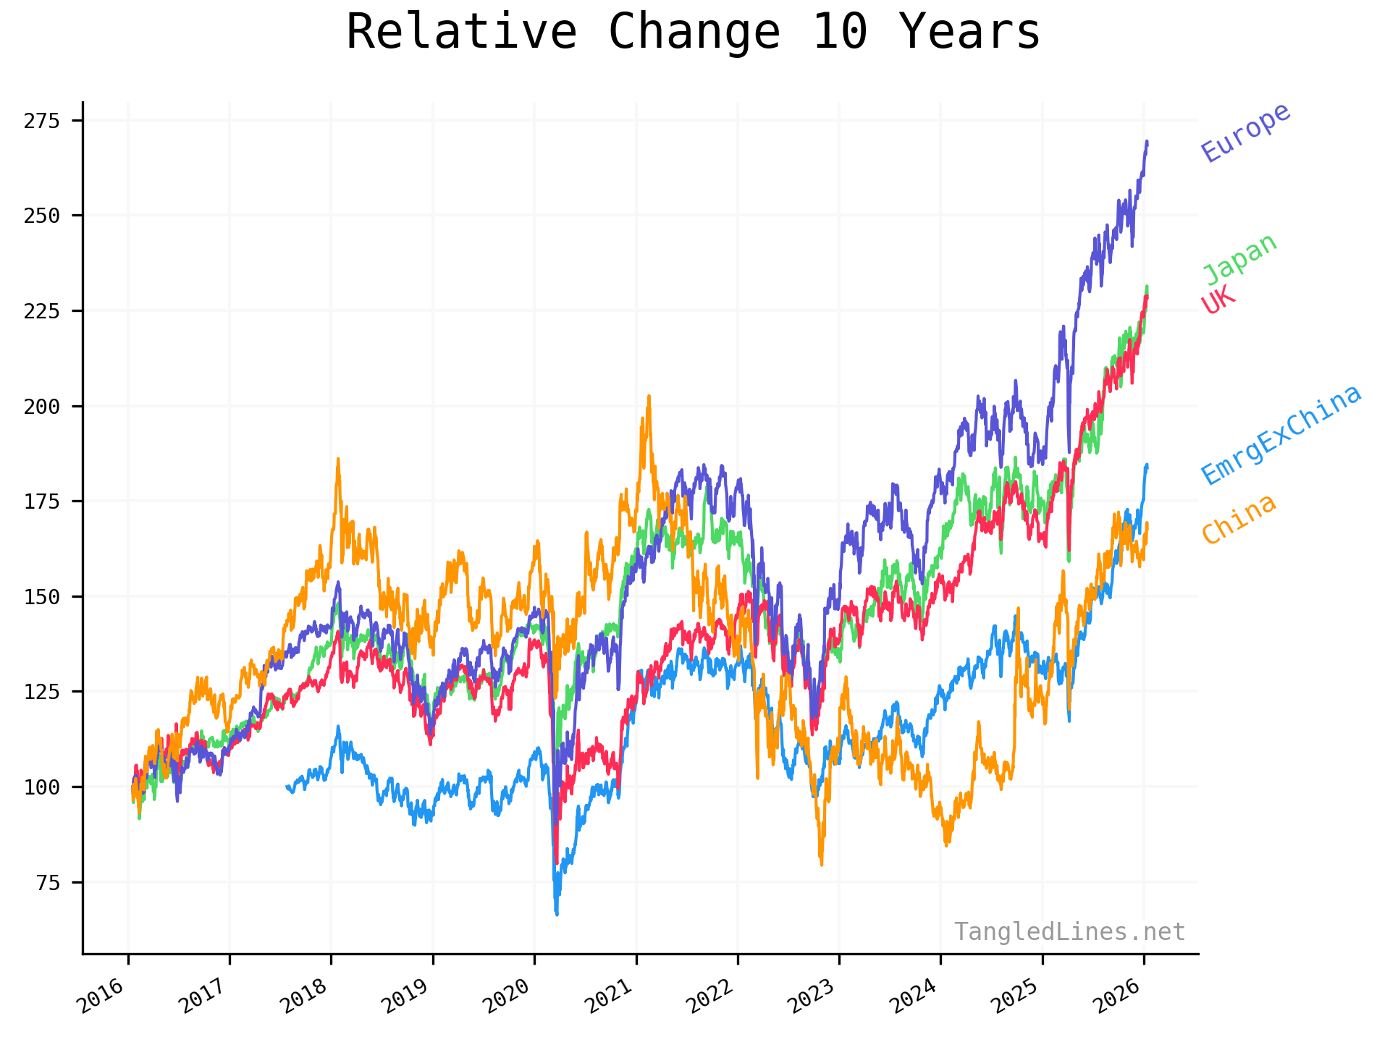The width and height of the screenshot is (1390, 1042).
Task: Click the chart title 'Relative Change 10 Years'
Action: (693, 33)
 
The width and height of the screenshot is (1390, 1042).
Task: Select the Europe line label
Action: (1245, 132)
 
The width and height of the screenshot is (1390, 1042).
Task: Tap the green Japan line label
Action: (1239, 258)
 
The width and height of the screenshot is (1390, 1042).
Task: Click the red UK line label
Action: (1218, 300)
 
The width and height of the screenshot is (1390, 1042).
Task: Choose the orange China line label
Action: (1238, 519)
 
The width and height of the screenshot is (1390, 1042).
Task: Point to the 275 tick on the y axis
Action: (41, 121)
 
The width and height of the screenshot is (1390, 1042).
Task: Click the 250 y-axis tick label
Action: (41, 216)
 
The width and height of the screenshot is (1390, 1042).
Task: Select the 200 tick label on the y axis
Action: (41, 406)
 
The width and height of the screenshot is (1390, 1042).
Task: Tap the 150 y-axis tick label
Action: (41, 596)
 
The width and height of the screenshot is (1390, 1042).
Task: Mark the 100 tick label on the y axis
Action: (41, 787)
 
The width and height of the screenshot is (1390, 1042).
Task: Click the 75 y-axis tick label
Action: (47, 882)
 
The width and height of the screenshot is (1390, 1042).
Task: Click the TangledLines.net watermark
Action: (1069, 932)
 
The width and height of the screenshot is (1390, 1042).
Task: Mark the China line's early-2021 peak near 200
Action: (649, 397)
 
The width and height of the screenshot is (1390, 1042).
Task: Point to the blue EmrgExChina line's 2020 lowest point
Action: (557, 914)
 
